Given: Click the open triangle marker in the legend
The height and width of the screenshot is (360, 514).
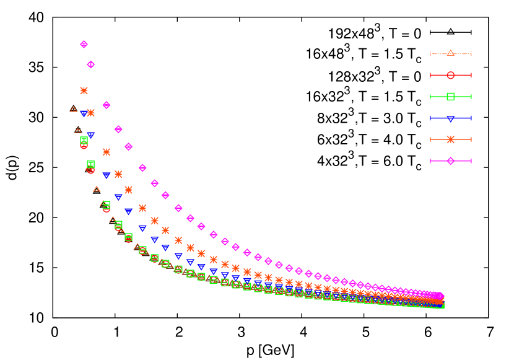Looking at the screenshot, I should pos(451,53).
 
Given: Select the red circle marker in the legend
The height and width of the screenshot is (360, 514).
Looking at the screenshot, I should pos(451,75).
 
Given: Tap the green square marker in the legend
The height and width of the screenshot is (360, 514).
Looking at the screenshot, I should pos(451,96).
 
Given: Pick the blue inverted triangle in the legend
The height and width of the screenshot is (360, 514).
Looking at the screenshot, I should pos(451,118).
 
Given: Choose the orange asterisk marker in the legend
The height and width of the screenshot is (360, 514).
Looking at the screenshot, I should pos(451,139).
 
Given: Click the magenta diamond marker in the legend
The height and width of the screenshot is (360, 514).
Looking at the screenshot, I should pos(451,161).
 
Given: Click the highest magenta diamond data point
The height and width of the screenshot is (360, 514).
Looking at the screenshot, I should pos(84,44).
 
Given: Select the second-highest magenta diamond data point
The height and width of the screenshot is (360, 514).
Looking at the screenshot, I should pos(91,64).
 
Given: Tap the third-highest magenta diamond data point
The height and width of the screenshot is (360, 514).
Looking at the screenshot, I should pos(107,105).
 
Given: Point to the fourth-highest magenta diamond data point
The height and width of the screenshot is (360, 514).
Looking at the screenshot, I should pos(118,130).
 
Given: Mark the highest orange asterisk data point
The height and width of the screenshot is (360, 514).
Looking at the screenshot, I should pos(84,90).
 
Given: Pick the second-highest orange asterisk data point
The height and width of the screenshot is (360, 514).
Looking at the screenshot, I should pos(91,113).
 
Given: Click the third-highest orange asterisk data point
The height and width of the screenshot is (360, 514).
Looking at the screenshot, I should pos(107,152).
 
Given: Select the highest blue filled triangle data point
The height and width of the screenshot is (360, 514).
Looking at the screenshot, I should pos(84,114).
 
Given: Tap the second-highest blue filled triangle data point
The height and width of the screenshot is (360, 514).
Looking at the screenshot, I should pos(91,135).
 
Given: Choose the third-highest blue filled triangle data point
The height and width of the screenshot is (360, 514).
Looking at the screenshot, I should pos(107,175).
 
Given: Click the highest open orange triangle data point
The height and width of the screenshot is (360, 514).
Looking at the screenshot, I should pos(74,110).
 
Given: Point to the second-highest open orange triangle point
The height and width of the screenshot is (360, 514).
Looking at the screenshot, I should pos(78,131).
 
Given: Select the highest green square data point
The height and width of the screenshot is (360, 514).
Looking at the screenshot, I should pos(84,141).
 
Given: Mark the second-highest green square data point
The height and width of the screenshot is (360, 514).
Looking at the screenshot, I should pos(91,164).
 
